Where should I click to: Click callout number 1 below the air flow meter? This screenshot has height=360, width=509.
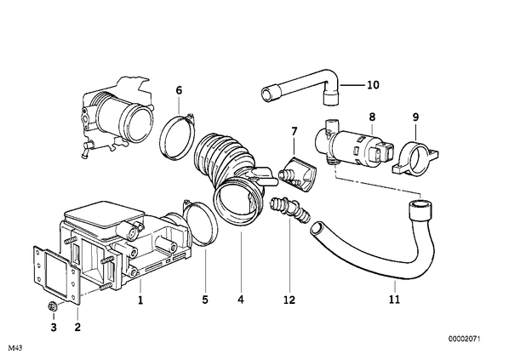(x=140, y=301)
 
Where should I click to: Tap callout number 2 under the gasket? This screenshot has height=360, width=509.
(x=77, y=327)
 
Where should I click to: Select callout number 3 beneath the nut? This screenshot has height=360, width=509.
(x=54, y=327)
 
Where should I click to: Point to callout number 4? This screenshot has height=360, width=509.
(x=241, y=300)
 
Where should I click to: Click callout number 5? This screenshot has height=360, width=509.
(x=205, y=300)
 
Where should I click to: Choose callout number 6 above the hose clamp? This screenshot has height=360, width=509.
(x=179, y=90)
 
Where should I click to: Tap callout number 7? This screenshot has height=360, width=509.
(x=295, y=131)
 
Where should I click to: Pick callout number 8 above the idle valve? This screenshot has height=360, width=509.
(x=372, y=117)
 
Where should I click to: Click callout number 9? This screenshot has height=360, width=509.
(x=416, y=117)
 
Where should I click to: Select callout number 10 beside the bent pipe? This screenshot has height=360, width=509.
(x=374, y=85)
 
